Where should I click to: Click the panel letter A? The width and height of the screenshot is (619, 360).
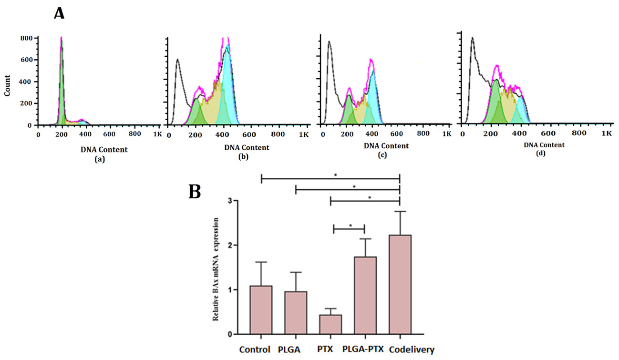pos(59,12)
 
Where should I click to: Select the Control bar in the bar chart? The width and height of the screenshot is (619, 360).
pos(260,310)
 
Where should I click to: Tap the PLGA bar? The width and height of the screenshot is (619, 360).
pos(295,313)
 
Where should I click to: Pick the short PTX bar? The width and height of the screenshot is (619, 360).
pos(330,324)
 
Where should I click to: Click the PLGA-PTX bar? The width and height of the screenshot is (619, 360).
pos(365,296)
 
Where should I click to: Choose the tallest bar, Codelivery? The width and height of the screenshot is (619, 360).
pos(400,284)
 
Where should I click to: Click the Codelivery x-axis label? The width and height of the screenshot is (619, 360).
pos(412,350)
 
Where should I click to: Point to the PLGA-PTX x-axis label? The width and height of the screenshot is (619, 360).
pos(362,350)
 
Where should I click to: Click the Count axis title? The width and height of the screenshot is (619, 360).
pos(8,85)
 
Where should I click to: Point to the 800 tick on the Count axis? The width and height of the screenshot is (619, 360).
pos(26,38)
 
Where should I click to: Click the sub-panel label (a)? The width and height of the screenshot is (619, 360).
pos(100,160)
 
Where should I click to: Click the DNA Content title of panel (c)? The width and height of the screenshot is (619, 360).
pos(386,145)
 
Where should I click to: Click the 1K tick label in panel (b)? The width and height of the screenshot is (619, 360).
pos(304,135)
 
